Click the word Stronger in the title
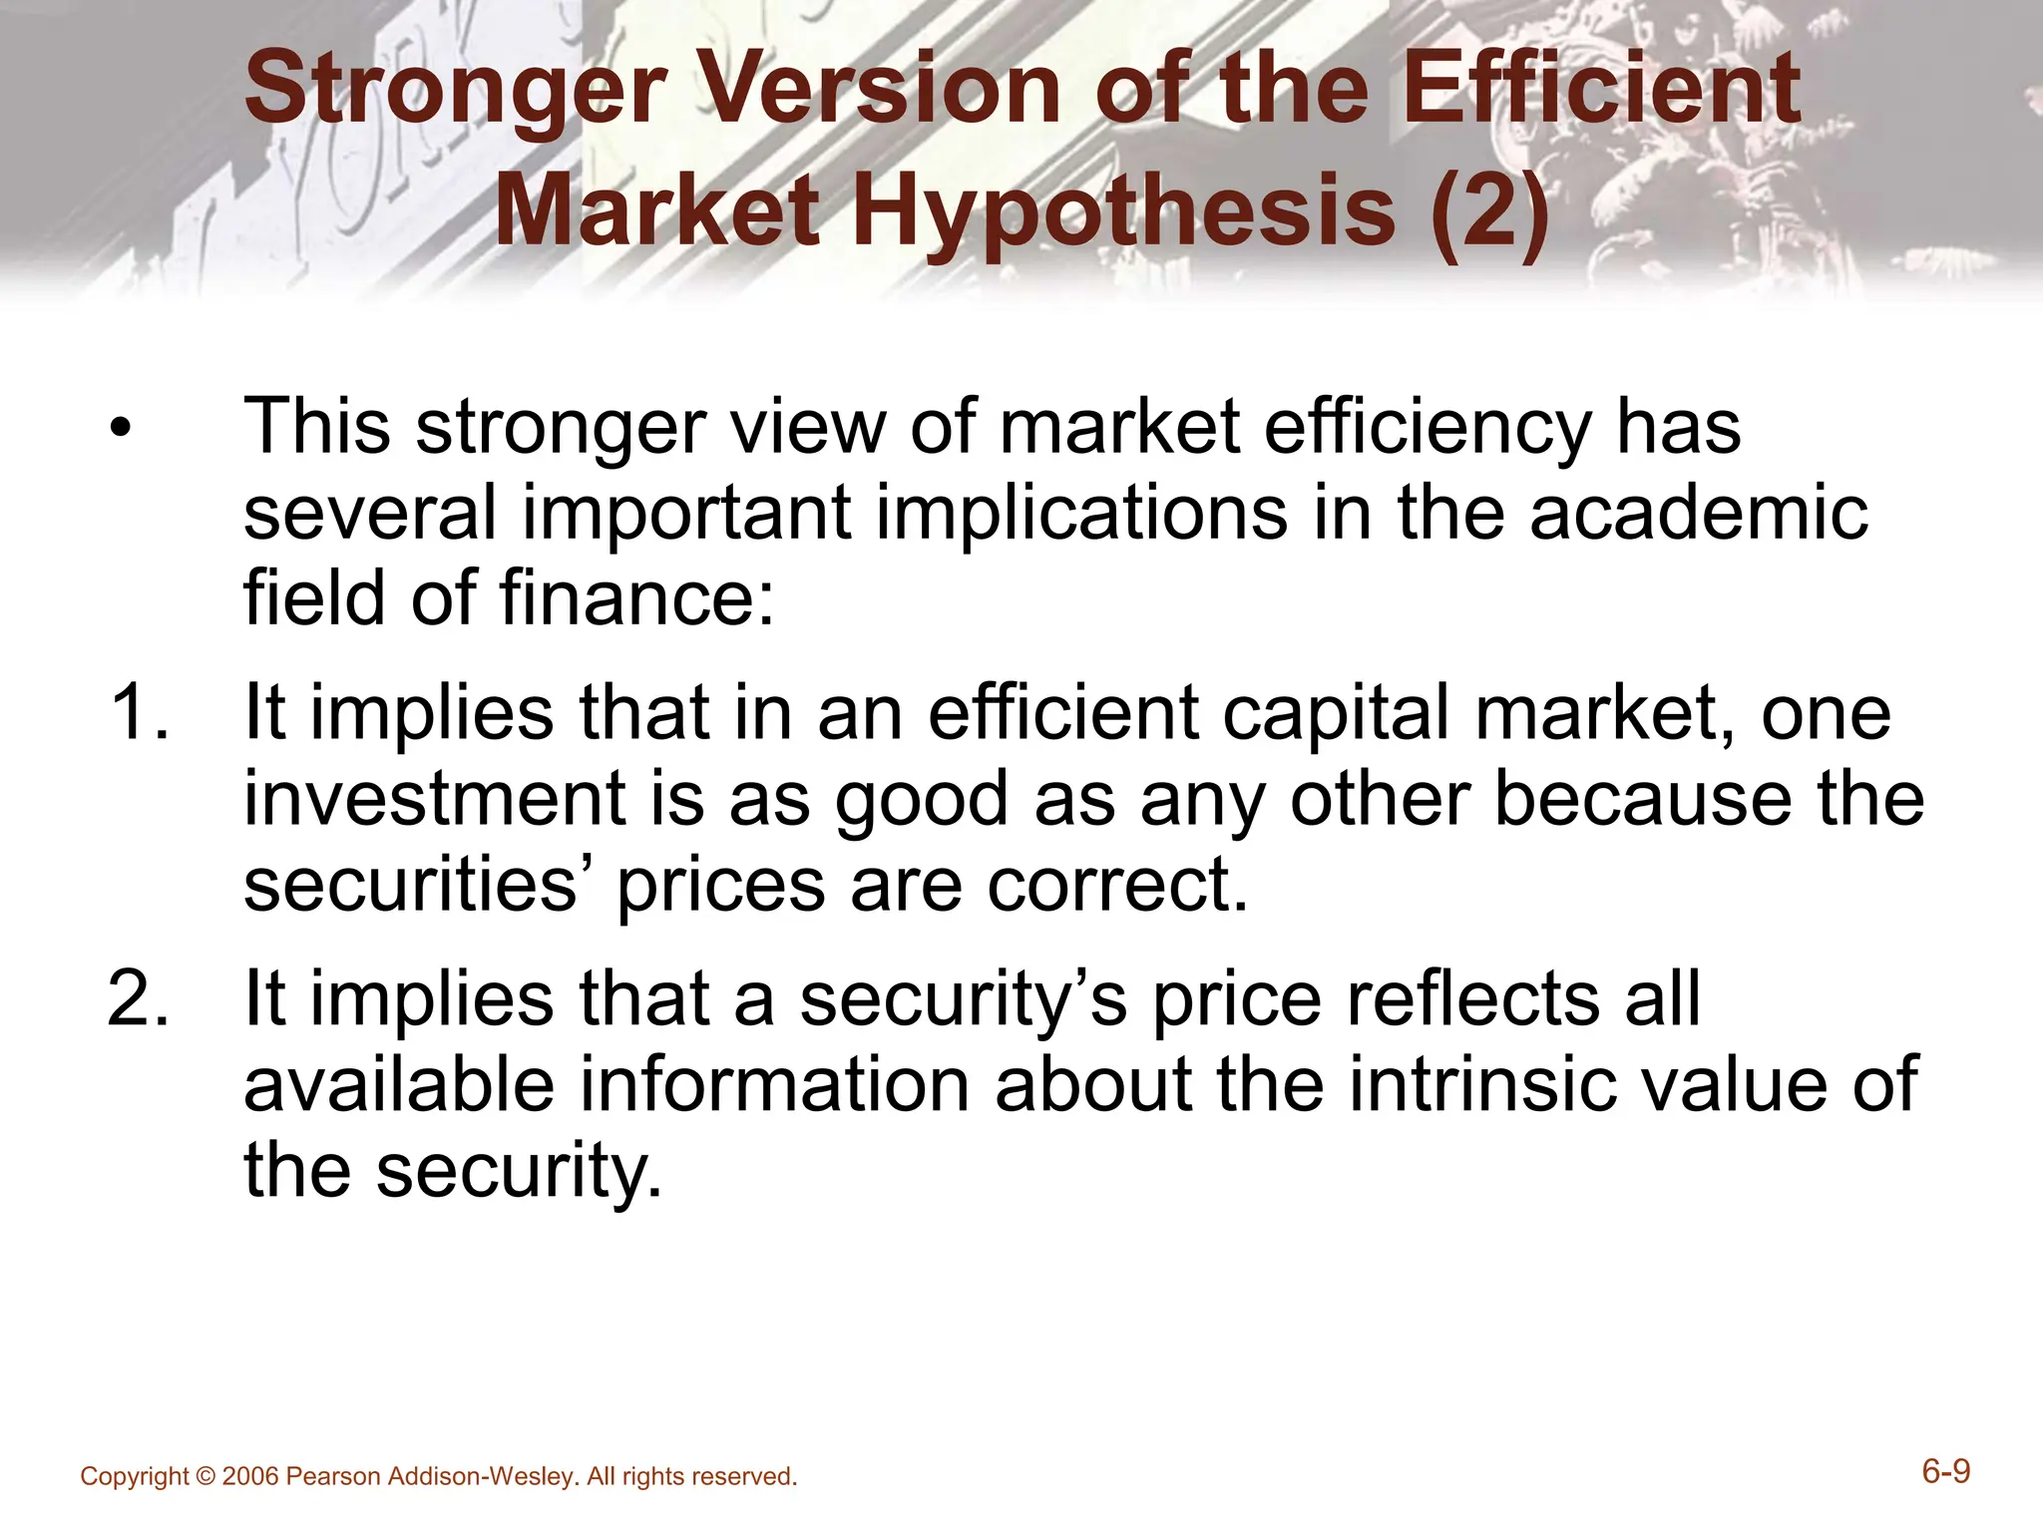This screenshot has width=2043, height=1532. pos(455,92)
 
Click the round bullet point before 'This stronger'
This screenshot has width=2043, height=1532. pos(121,432)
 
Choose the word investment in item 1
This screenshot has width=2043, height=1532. pos(435,800)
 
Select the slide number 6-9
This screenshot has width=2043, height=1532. pos(1946,1472)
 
